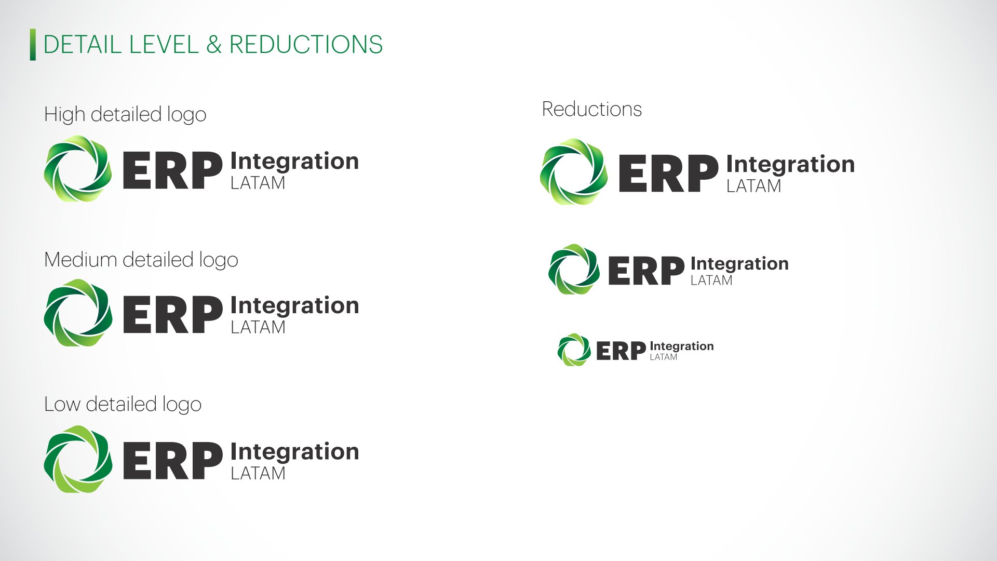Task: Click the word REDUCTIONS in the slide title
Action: tap(306, 45)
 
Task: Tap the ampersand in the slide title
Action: tap(214, 45)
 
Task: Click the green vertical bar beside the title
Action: tap(33, 45)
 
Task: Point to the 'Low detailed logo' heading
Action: tap(123, 405)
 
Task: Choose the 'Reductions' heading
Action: tap(592, 109)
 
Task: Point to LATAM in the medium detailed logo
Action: tap(258, 327)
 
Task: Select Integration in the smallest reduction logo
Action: tap(682, 346)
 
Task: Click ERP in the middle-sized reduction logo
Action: tap(646, 271)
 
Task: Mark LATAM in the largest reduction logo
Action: tap(754, 186)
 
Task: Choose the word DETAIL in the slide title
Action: tap(83, 45)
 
